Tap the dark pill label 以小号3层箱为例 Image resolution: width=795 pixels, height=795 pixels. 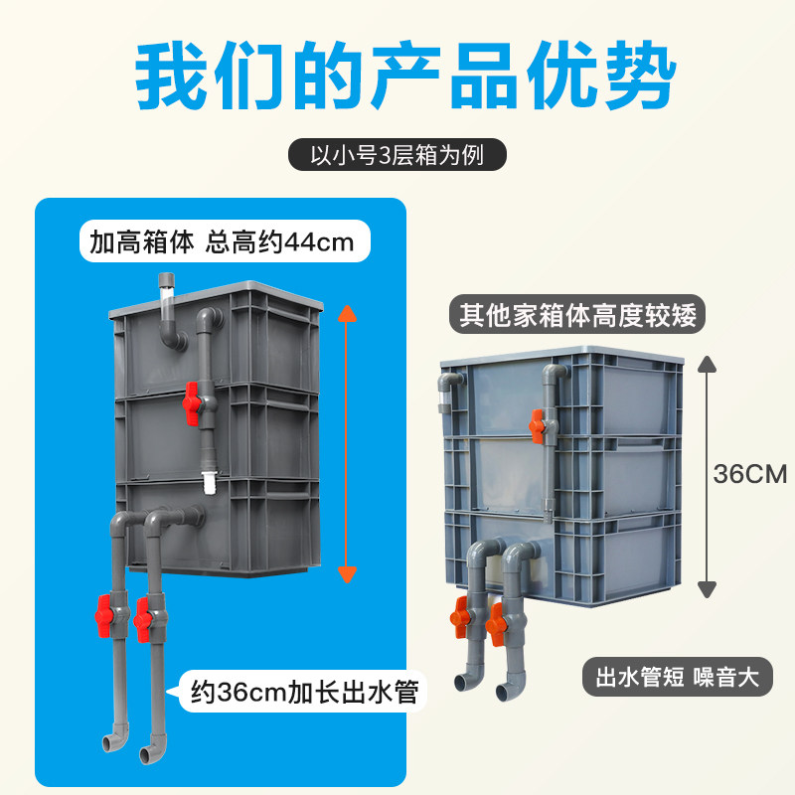(397, 156)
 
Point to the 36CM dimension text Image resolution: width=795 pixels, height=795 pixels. (749, 473)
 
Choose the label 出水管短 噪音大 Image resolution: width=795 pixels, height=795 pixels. (676, 678)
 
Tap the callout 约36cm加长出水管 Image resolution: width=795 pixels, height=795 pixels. (304, 688)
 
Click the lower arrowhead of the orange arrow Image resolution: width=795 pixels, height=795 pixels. (347, 572)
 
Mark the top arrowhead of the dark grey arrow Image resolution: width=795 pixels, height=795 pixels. (707, 363)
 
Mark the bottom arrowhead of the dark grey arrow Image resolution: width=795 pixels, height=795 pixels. (707, 587)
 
